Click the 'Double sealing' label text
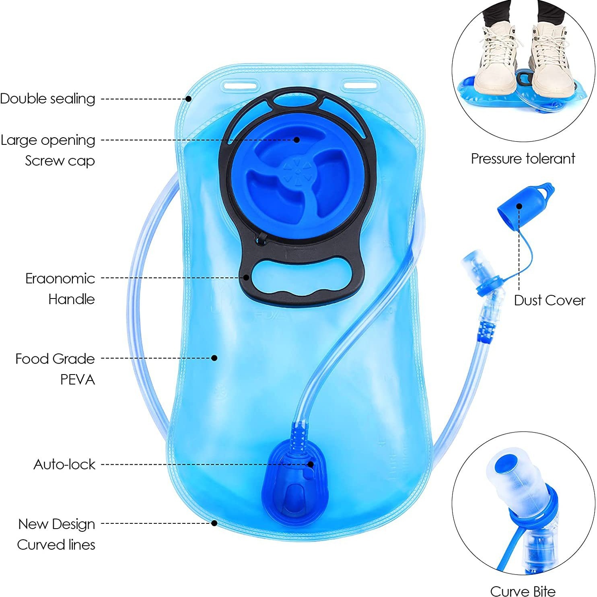(47, 99)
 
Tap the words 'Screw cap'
(60, 161)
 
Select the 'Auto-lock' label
(64, 464)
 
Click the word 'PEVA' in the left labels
(77, 379)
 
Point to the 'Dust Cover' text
(549, 300)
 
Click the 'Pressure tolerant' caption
(523, 159)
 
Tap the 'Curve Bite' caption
(523, 591)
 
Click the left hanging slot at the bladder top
(240, 86)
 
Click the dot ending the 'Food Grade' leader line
(214, 358)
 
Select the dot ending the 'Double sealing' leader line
(188, 99)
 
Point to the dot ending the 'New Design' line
(214, 523)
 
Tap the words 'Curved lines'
(56, 545)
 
